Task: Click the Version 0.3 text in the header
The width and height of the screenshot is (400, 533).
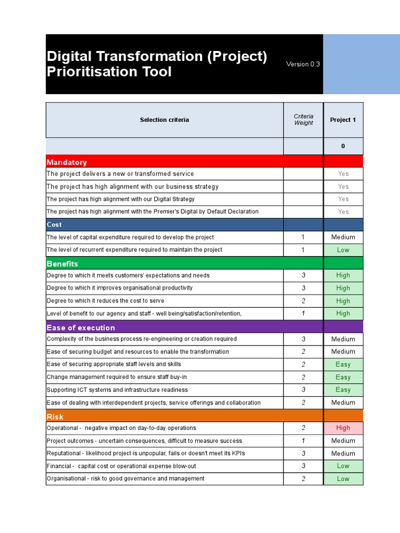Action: coord(303,64)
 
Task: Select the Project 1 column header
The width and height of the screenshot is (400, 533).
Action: coord(343,120)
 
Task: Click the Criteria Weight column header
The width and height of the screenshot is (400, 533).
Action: coord(303,120)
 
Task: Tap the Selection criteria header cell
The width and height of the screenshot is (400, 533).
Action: coord(164,120)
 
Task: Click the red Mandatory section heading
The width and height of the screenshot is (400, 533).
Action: coord(67,162)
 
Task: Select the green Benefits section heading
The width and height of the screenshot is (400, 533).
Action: coord(62,263)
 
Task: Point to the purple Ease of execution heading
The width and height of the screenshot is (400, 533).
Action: coord(81,327)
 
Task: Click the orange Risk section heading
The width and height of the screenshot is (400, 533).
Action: coord(55,416)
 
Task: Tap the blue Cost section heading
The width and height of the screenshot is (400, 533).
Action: coord(54,224)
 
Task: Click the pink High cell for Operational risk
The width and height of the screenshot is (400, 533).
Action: coord(343,428)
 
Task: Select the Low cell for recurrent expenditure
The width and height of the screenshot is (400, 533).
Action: coord(343,250)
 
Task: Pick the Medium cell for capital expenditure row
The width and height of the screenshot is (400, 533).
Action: coord(343,237)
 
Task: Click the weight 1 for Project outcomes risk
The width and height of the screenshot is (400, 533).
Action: coord(303,441)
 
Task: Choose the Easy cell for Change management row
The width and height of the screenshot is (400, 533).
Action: coord(343,377)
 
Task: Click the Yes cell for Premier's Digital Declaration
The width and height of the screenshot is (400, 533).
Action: coord(343,212)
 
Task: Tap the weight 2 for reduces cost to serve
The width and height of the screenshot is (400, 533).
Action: coord(303,300)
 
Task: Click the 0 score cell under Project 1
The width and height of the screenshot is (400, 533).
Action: coord(343,146)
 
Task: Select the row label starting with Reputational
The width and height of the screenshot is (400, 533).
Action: coord(145,453)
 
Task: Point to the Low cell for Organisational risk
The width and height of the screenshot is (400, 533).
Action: coord(343,479)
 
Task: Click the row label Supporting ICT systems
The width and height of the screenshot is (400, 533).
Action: coord(117,390)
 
